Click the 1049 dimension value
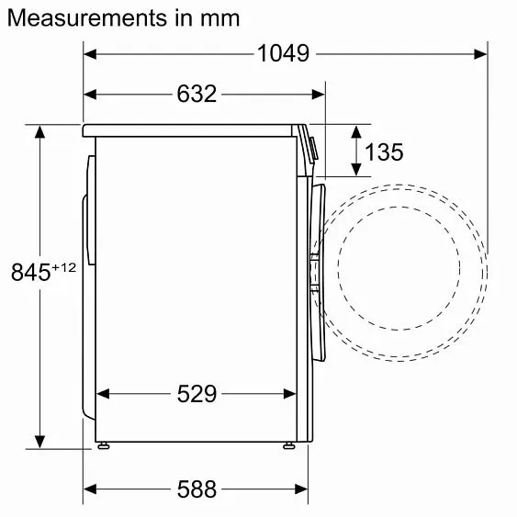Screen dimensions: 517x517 [x=284, y=54]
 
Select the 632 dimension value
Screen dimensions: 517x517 [x=196, y=94]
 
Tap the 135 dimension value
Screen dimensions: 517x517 [x=384, y=152]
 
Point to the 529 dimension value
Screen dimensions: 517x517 [x=197, y=394]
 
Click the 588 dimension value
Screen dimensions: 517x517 [x=197, y=489]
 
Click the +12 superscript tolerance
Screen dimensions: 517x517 [x=63, y=266]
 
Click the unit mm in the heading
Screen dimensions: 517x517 [x=221, y=17]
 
